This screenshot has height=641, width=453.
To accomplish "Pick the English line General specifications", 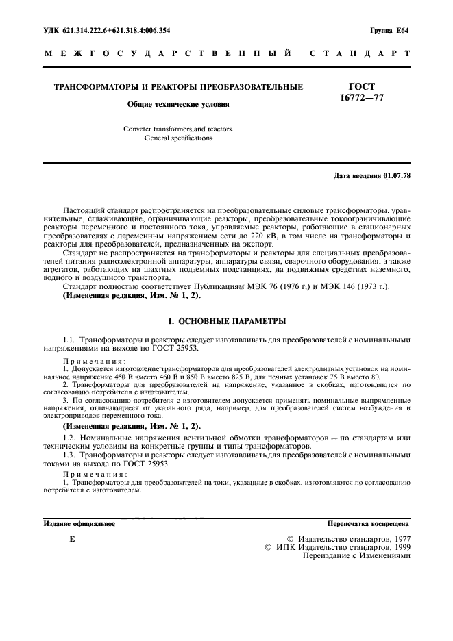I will click(x=178, y=138).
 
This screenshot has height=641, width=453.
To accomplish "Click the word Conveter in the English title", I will click(x=139, y=128).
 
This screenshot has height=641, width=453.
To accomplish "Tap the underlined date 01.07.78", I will click(x=397, y=176).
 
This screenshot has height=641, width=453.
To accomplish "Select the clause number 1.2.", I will click(x=69, y=436).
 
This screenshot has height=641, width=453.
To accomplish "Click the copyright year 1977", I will click(x=398, y=539).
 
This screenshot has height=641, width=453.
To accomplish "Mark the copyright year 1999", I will click(x=398, y=548).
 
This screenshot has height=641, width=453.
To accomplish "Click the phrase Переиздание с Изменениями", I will click(x=356, y=557).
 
